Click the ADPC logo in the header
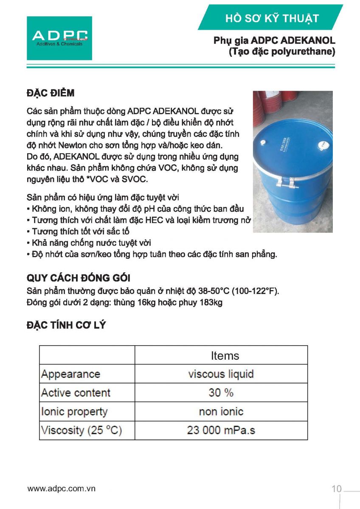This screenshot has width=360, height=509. [59, 38]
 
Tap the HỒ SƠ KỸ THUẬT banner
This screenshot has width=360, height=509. [272, 18]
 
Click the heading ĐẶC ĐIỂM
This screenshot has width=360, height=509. [51, 93]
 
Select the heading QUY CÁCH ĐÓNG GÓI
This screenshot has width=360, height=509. [78, 278]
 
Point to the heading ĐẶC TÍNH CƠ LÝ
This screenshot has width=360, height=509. [66, 325]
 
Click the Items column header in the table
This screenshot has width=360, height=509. [225, 355]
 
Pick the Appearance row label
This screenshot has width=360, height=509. [70, 374]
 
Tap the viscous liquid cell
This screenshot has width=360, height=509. [221, 374]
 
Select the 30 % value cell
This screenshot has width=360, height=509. [221, 393]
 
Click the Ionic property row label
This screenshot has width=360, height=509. [74, 411]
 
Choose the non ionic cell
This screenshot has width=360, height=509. [221, 411]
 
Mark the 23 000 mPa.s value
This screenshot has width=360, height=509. [221, 430]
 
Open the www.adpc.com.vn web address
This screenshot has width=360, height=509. [62, 489]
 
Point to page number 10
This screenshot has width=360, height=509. [336, 489]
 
